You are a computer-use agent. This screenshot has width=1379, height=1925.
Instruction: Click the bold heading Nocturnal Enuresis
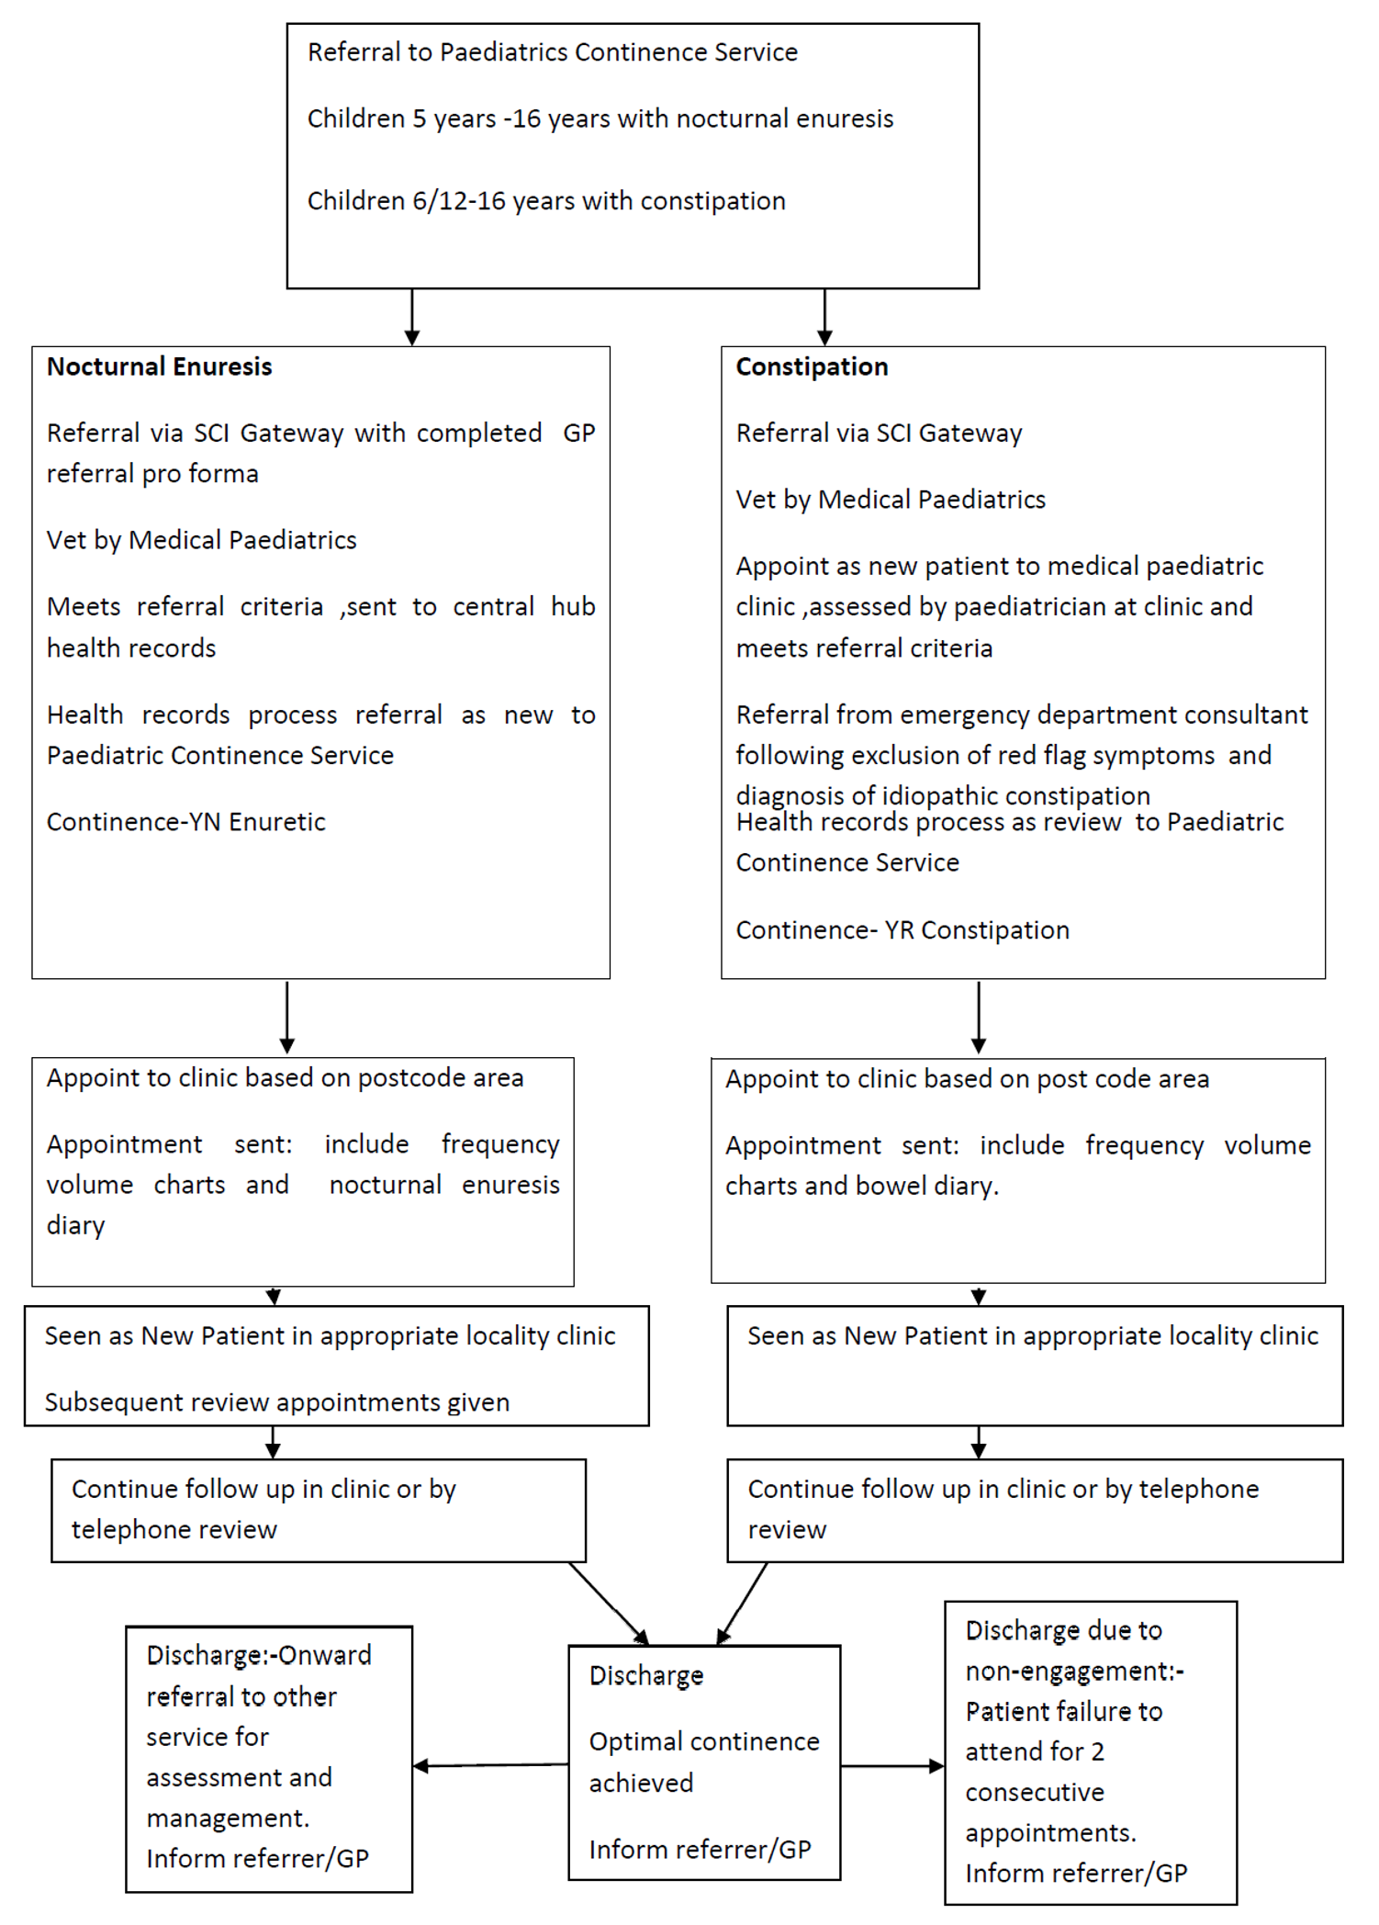click(159, 366)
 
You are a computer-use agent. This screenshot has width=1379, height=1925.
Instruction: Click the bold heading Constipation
click(812, 366)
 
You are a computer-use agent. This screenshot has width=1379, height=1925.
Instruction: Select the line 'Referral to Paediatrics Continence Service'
click(552, 52)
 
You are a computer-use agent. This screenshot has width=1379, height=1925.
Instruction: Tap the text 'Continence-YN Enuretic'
click(185, 822)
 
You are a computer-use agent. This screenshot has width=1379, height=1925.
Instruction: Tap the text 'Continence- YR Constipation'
click(902, 930)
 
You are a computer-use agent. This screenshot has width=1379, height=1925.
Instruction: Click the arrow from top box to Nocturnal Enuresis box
click(412, 317)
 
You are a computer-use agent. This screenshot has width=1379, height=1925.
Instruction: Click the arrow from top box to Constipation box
click(824, 317)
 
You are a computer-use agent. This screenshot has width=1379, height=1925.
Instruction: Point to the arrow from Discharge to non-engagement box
click(891, 1765)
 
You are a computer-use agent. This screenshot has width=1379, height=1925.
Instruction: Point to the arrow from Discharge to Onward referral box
click(490, 1765)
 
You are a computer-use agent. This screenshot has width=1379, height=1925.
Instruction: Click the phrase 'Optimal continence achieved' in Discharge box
click(703, 1762)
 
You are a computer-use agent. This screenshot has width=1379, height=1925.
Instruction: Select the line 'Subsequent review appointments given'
click(276, 1402)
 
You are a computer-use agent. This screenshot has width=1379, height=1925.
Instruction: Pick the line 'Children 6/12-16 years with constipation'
click(546, 201)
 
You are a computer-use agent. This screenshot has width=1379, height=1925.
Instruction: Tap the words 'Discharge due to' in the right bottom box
click(1063, 1630)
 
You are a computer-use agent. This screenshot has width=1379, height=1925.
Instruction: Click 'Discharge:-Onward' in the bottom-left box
click(259, 1655)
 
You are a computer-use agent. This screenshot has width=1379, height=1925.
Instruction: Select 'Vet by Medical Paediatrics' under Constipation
click(890, 500)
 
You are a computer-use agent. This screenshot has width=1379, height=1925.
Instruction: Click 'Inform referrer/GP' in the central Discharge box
click(700, 1849)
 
